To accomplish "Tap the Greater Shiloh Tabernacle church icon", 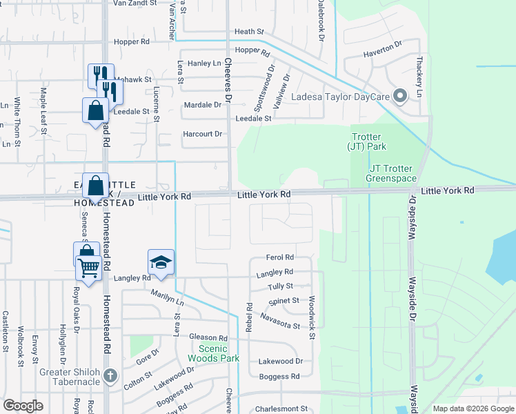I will pos(110,377).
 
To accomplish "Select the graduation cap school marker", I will pos(160,263).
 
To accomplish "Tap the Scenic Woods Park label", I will pos(213,353).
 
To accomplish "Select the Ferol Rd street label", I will pos(280,257).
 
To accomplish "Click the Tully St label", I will pos(280,286).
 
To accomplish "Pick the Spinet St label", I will pos(284,301).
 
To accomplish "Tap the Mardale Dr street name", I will pos(203,105).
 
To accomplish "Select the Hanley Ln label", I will pos(204,63).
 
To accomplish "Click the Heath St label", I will pos(249,32).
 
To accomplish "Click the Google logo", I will pos(23,406).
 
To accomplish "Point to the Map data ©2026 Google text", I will pos(473,408).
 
